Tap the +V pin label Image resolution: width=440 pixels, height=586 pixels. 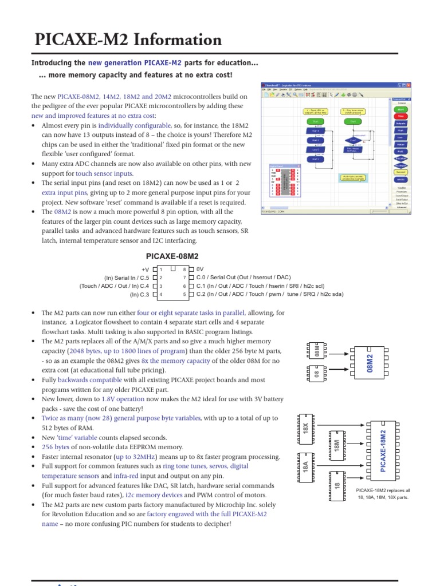pyautogui.click(x=145, y=269)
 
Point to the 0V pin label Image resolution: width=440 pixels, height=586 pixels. pyautogui.click(x=200, y=269)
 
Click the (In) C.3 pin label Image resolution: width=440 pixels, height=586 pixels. pyautogui.click(x=139, y=295)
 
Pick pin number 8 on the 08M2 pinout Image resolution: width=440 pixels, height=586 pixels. pyautogui.click(x=184, y=269)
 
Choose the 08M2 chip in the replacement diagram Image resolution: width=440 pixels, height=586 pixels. pyautogui.click(x=370, y=363)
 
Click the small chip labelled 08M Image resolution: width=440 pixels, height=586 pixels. pyautogui.click(x=317, y=351)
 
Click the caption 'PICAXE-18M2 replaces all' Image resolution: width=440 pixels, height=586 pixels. pyautogui.click(x=383, y=490)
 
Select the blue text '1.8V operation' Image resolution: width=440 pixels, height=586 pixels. pyautogui.click(x=123, y=398)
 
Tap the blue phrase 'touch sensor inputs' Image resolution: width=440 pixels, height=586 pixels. pyautogui.click(x=104, y=173)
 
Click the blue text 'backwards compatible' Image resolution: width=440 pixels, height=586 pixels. pyautogui.click(x=90, y=379)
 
